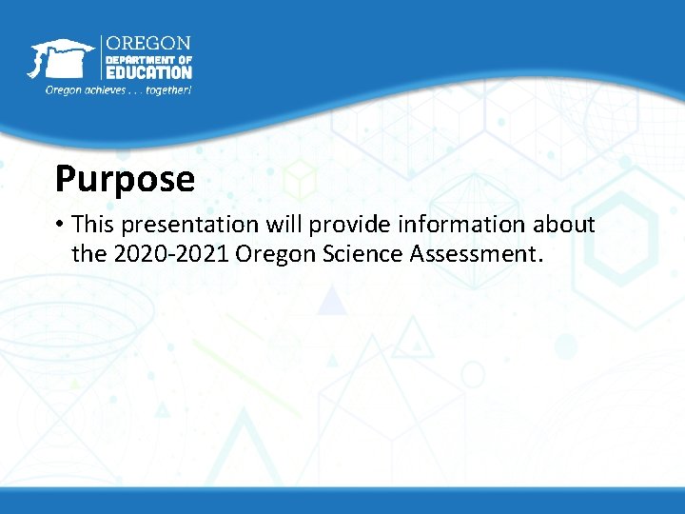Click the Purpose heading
click(125, 179)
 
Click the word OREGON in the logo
click(147, 44)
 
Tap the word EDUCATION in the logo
click(148, 71)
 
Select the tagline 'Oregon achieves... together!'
click(119, 90)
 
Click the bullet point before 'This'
click(59, 225)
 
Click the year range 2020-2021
click(169, 254)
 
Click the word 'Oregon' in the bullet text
click(270, 254)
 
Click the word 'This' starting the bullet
click(91, 225)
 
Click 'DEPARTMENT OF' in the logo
click(147, 59)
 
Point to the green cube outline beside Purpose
click(300, 178)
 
